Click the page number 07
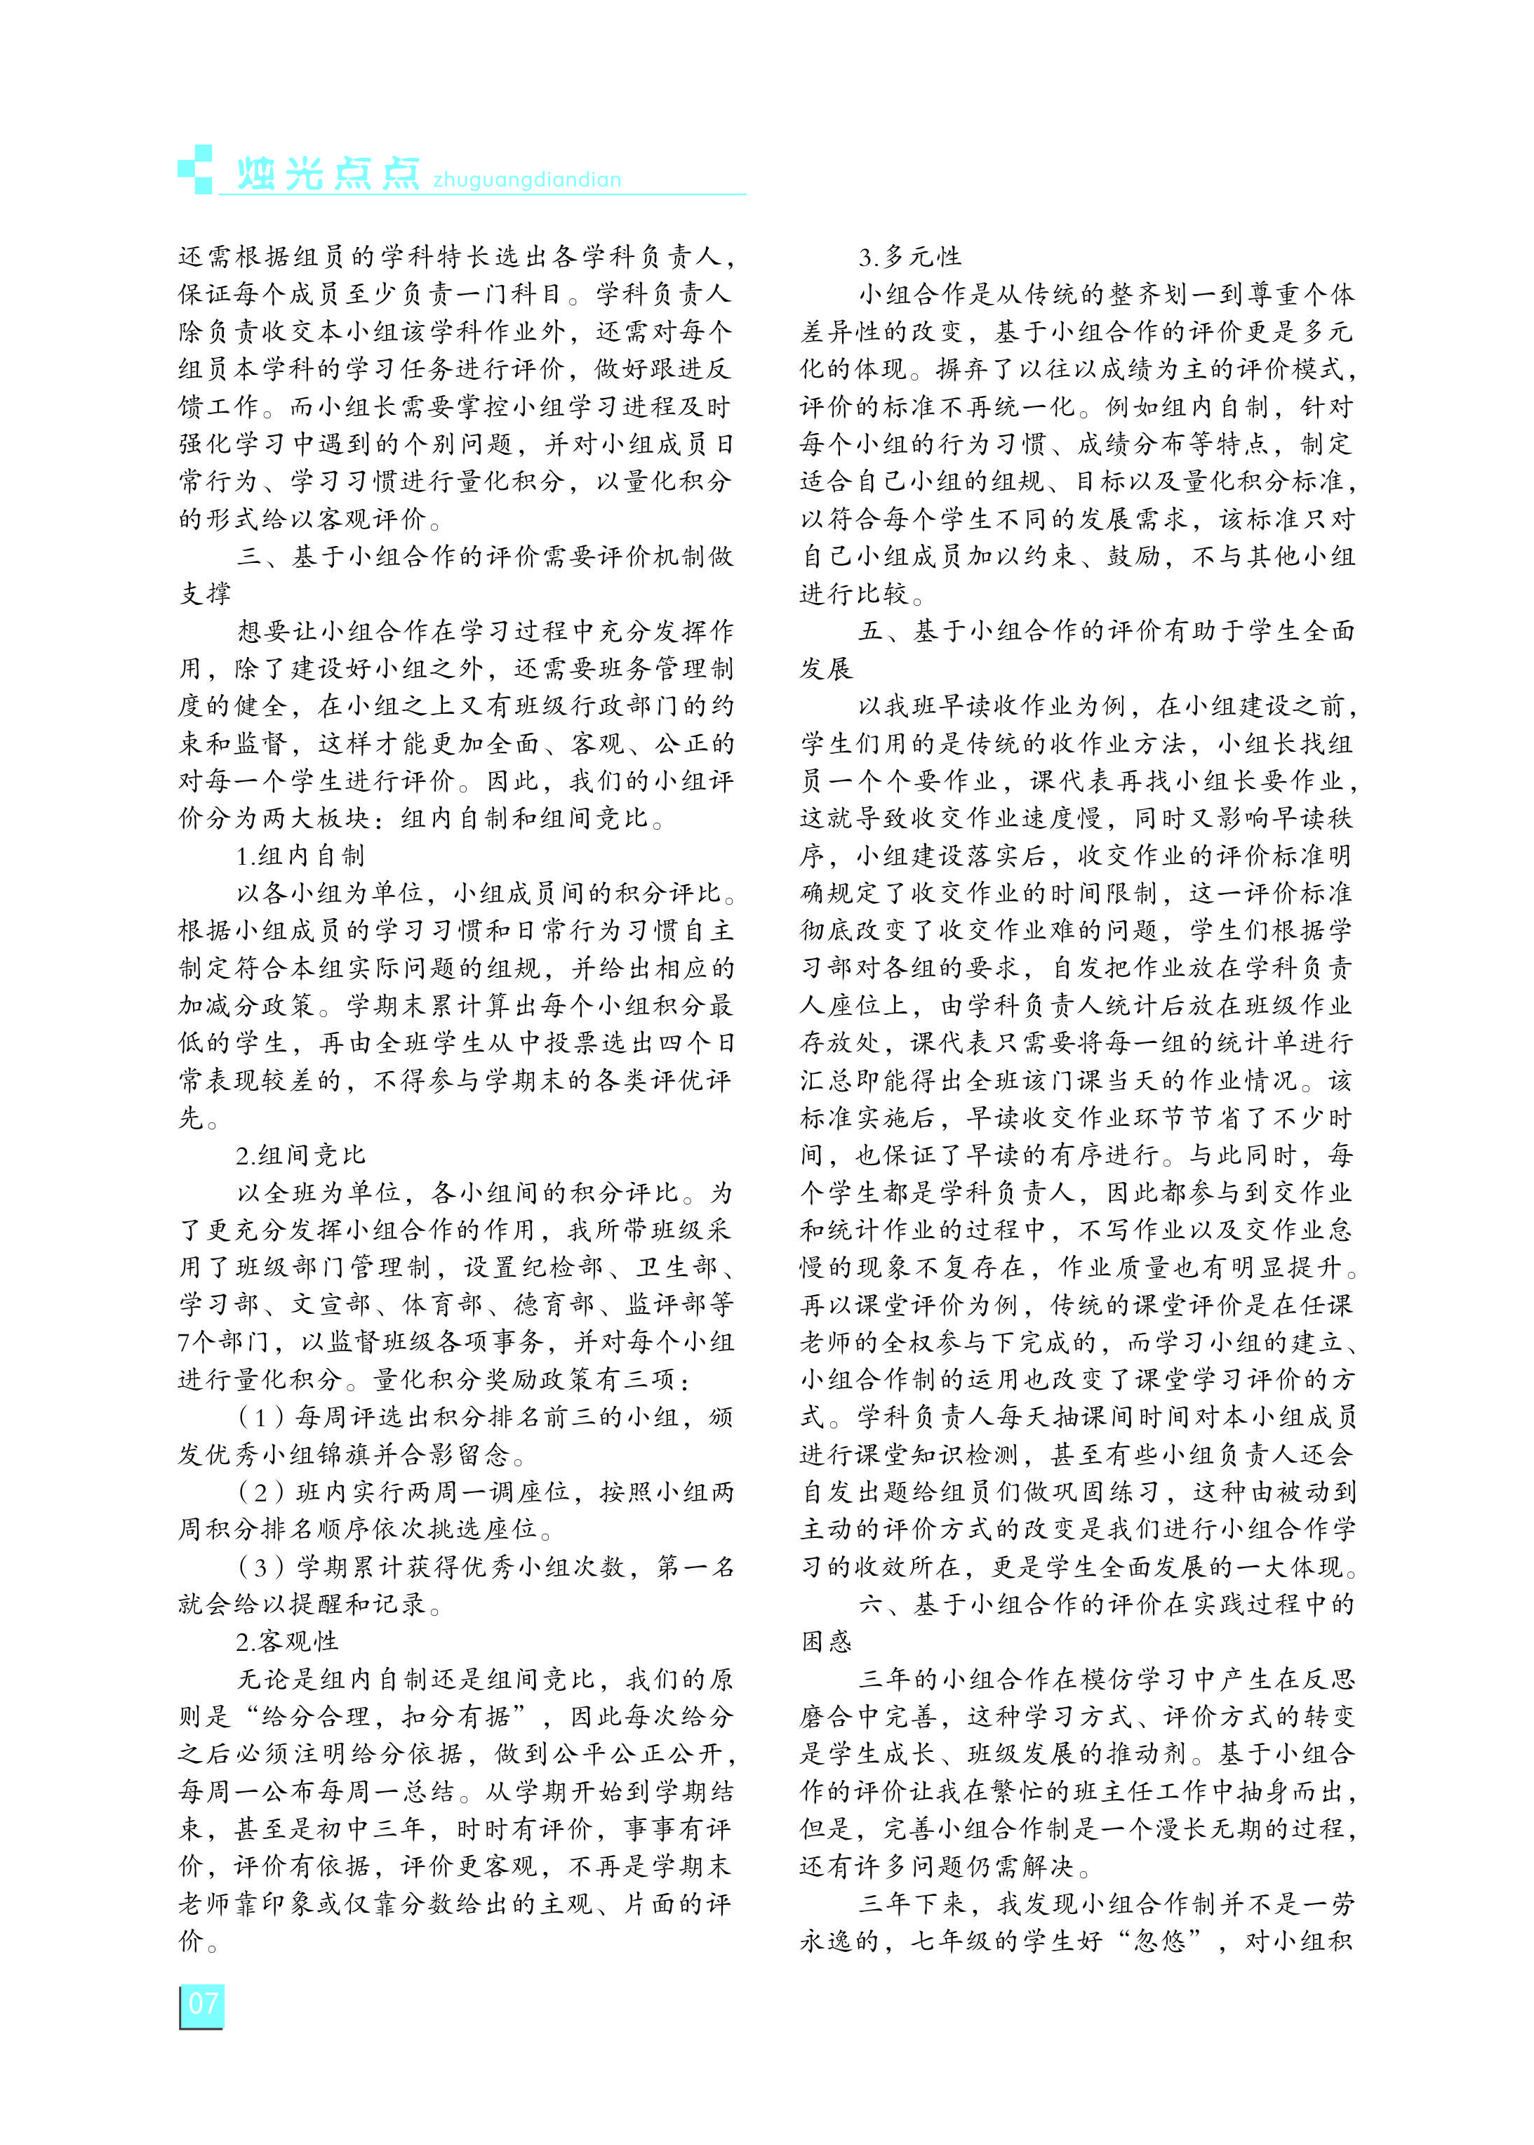coord(202,2003)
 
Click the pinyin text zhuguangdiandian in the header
coord(526,180)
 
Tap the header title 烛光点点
coord(327,173)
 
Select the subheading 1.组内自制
coord(300,856)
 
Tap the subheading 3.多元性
coord(909,257)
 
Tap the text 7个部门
coord(224,1342)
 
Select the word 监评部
coord(666,1304)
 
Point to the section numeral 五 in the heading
coord(871,631)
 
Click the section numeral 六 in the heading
coord(871,1604)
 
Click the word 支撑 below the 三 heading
coord(205,593)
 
